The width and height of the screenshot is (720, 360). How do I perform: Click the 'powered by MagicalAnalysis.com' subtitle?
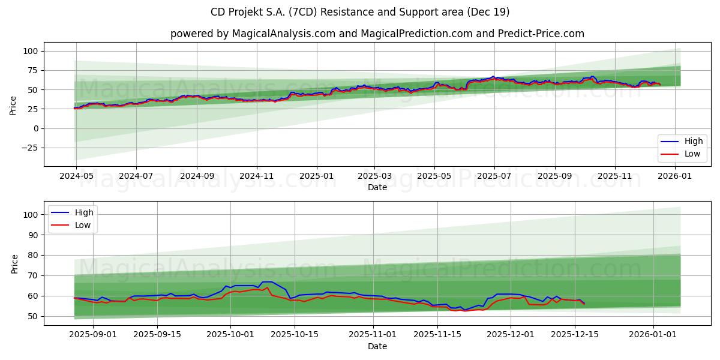point(253,34)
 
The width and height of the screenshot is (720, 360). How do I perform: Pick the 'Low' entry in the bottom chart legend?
point(82,225)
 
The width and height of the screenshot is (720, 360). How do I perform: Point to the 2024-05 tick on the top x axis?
point(76,176)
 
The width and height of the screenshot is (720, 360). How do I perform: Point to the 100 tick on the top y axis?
point(31,52)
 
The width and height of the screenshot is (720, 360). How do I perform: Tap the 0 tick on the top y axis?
point(35,128)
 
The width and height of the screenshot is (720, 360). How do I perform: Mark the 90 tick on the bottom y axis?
point(33,235)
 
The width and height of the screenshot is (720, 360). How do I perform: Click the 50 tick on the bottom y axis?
point(33,316)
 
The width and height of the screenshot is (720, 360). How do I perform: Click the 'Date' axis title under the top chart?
point(377,187)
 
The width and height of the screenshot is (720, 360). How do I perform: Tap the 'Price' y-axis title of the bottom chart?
point(15,263)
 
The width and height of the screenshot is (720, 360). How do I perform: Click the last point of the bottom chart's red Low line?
point(584,304)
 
